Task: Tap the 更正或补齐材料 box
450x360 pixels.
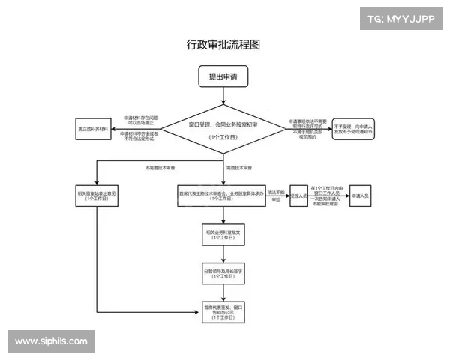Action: coord(93,128)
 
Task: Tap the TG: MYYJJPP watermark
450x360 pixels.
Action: coord(401,18)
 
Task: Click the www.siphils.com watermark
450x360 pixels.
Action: coord(51,340)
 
